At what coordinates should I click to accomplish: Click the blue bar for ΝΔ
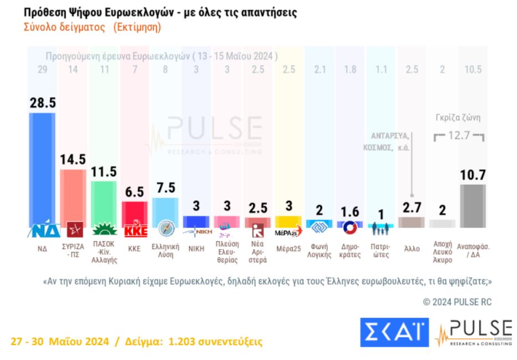[42, 166]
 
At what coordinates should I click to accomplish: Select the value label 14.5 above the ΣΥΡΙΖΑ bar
[73, 159]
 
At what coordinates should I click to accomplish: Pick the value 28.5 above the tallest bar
[42, 103]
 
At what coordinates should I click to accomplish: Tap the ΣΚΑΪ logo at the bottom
[393, 332]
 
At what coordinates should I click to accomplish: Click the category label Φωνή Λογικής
[320, 251]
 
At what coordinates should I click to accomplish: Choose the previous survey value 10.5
[473, 70]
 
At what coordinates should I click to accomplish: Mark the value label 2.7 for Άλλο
[412, 207]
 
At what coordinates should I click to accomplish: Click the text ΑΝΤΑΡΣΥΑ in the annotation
[391, 135]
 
